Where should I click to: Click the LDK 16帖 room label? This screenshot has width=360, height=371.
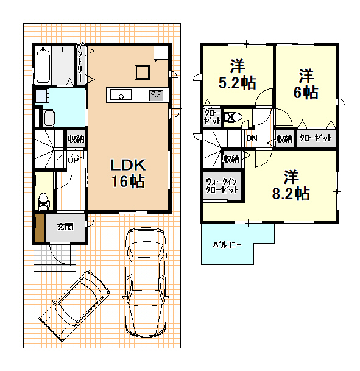(x=128, y=174)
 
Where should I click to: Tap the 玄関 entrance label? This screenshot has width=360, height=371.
(x=65, y=227)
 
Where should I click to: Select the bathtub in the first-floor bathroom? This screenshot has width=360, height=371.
(x=43, y=65)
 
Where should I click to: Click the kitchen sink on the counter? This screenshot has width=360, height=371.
(x=121, y=94)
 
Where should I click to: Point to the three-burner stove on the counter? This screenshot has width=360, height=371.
(x=156, y=95)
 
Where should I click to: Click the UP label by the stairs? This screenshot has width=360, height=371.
(x=73, y=161)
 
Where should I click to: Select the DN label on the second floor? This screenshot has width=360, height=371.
(x=252, y=138)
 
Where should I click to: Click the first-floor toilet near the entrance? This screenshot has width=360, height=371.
(x=43, y=202)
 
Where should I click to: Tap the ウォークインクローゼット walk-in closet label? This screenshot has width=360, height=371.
(x=222, y=186)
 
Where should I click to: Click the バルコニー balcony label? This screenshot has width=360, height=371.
(x=227, y=245)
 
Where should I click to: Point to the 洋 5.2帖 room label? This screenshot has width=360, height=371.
(x=237, y=74)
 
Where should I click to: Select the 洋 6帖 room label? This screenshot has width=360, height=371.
(x=306, y=83)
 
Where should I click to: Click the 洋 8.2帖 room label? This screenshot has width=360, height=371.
(x=291, y=185)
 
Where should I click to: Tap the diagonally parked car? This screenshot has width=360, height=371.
(x=74, y=306)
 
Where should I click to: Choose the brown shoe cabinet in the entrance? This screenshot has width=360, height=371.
(x=40, y=228)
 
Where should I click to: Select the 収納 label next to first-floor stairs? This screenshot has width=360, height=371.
(x=76, y=139)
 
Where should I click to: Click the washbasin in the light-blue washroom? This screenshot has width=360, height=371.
(x=49, y=118)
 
